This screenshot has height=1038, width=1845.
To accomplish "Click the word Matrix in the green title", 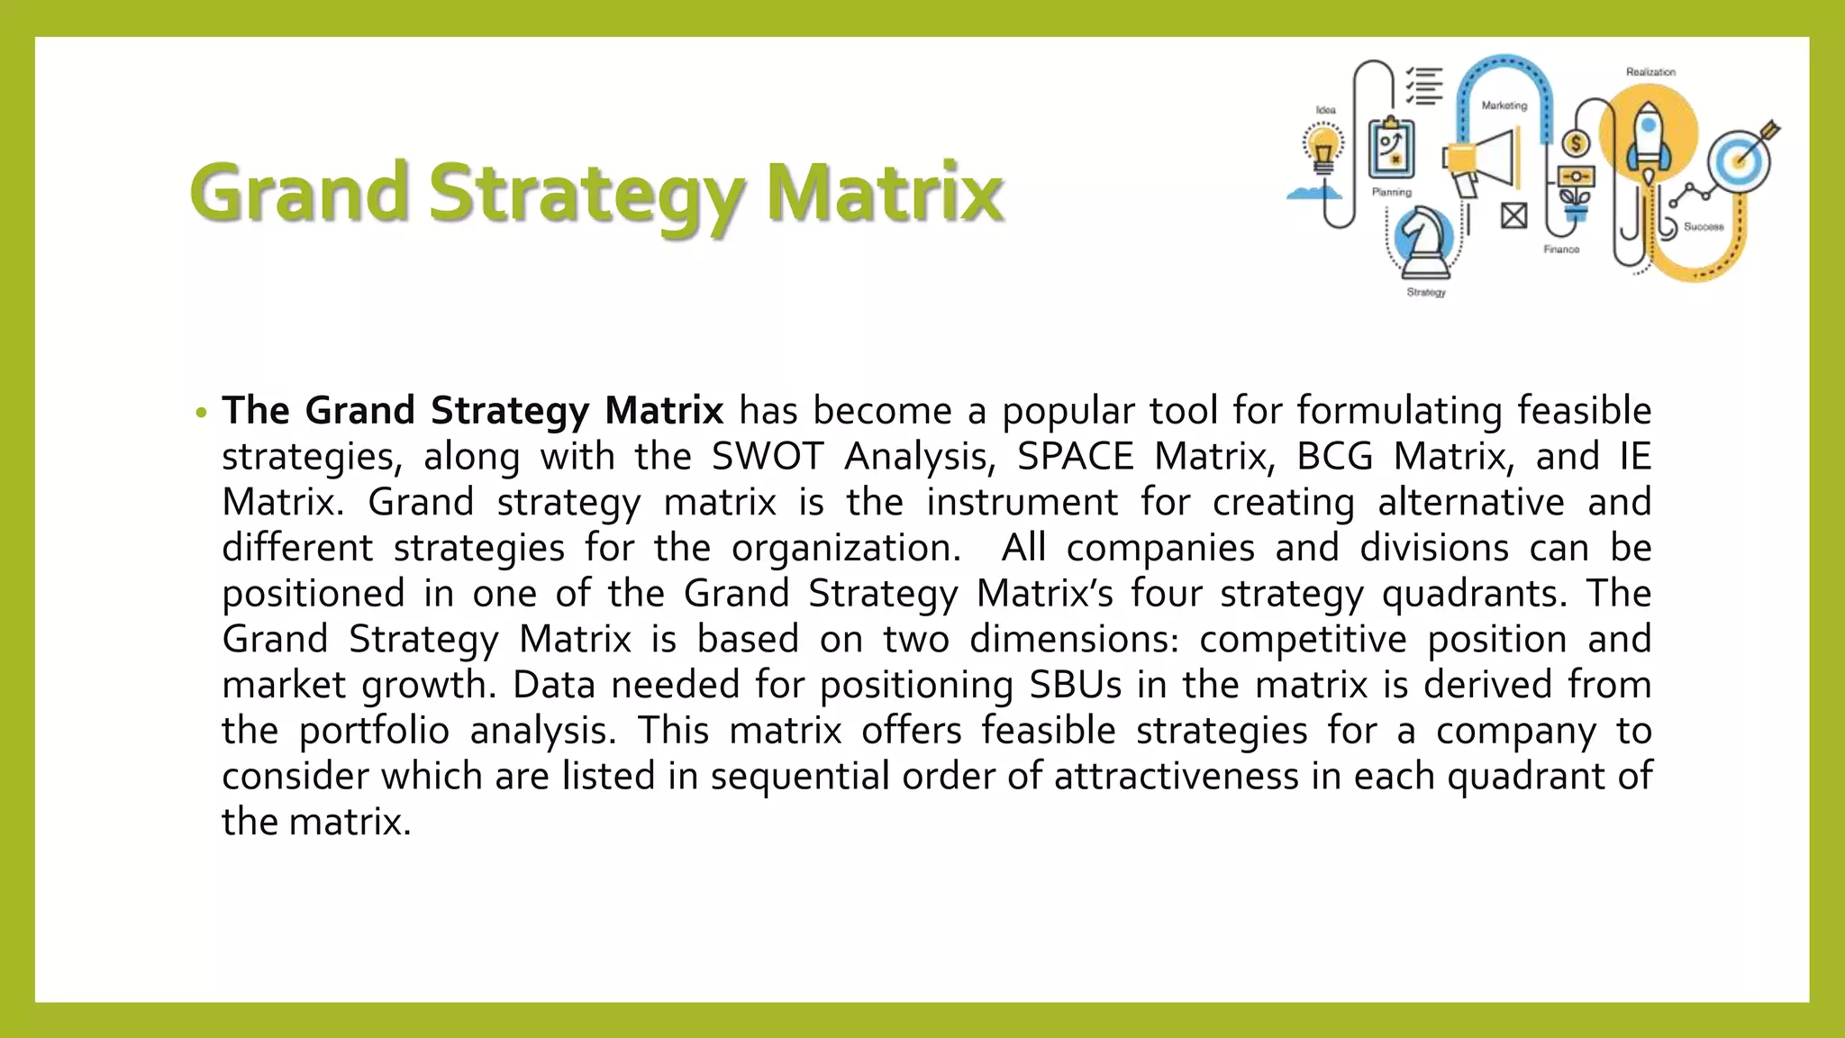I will coord(885,192).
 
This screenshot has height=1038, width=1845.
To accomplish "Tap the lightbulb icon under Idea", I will coord(1322,149).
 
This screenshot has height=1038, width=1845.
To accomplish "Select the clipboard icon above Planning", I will coord(1391,149).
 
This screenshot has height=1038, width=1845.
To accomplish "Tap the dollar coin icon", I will coord(1576,143).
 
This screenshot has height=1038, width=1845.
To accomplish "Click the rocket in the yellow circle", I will coord(1648,140).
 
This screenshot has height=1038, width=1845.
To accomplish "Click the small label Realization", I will coord(1650,72).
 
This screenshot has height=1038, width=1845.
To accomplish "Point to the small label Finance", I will coord(1561,250).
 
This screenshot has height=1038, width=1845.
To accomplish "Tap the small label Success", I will coord(1704,227).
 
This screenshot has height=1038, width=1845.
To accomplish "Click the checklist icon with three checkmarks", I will coord(1424,86).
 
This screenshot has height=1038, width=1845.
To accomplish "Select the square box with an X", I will coord(1513,215).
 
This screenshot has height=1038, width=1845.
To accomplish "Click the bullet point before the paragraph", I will coord(201,413).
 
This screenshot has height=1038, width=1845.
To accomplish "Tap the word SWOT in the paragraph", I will coord(768,456).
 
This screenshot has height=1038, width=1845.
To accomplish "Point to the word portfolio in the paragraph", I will coord(374,731).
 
